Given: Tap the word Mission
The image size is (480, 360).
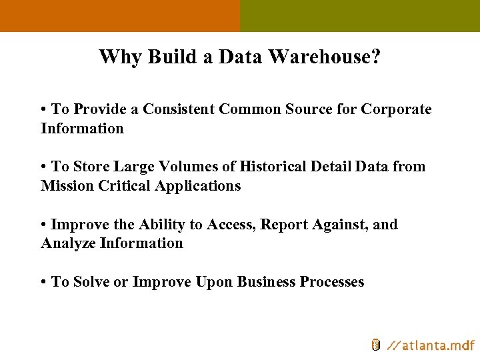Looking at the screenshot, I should click(67, 186).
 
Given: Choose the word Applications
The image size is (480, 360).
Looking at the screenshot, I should click(197, 186).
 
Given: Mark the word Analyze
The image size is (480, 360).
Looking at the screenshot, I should click(68, 243).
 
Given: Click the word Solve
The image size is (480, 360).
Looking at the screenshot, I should click(91, 282).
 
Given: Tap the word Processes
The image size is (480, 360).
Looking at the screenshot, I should click(332, 282).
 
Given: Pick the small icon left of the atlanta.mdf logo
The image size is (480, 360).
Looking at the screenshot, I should click(376, 345).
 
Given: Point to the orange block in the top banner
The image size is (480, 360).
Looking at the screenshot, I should click(120, 15).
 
